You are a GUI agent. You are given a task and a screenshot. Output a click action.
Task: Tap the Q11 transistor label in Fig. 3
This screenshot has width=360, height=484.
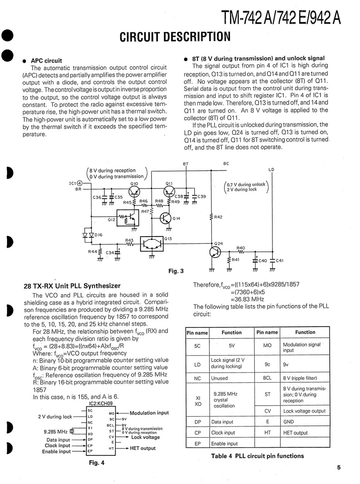click(x=169, y=183)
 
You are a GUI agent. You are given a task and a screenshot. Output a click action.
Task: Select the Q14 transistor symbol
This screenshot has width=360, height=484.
click(x=165, y=218)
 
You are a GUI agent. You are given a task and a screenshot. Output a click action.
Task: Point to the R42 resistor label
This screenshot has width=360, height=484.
click(x=218, y=217)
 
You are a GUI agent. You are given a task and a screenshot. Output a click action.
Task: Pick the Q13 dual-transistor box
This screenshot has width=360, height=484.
click(x=152, y=244)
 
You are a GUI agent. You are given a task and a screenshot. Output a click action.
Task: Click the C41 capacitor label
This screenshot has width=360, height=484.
click(x=279, y=260)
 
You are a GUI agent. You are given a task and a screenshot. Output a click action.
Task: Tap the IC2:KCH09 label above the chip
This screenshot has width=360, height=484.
click(x=101, y=403)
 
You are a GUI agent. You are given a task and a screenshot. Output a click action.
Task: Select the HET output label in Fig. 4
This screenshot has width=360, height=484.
click(x=142, y=448)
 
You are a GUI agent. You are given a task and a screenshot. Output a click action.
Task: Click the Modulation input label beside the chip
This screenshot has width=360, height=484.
click(x=149, y=413)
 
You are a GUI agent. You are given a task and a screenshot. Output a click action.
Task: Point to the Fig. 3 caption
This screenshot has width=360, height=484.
click(x=176, y=271)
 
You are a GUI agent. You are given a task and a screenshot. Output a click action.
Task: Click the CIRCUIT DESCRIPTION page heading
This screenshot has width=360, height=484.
click(x=175, y=38)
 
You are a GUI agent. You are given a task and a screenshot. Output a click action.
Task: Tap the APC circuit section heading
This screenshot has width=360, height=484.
click(x=47, y=61)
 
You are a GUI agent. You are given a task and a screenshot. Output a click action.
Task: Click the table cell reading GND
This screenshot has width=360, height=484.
click(x=289, y=422)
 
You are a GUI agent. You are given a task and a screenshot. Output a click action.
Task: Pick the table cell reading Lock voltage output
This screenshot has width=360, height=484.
click(x=304, y=411)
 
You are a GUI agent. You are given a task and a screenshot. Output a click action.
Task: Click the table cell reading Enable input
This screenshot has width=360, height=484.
click(x=224, y=444)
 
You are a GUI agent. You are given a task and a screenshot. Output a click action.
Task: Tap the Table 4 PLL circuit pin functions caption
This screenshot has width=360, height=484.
click(x=257, y=456)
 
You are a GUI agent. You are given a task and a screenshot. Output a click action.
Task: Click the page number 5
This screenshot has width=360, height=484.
click(x=339, y=468)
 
